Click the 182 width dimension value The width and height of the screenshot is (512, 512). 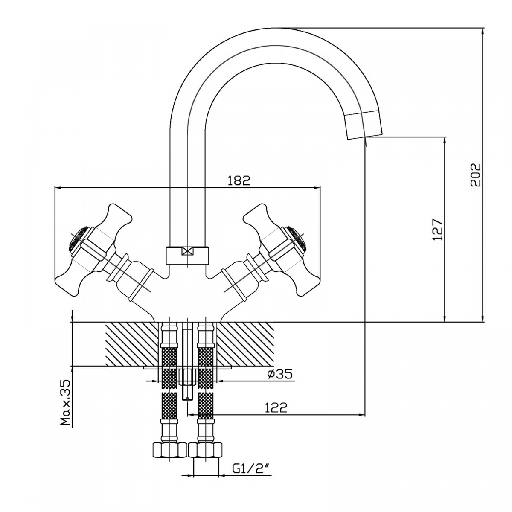coord(239,180)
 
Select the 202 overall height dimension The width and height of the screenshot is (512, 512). coord(476,175)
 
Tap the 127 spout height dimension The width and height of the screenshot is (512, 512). coord(438,230)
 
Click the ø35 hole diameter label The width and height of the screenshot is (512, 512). coord(280,374)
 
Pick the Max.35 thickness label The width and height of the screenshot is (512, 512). coord(65,403)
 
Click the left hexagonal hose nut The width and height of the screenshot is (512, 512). coord(169,450)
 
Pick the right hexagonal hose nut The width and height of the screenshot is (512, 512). coord(206,450)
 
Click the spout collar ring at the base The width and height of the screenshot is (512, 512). coord(187,255)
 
